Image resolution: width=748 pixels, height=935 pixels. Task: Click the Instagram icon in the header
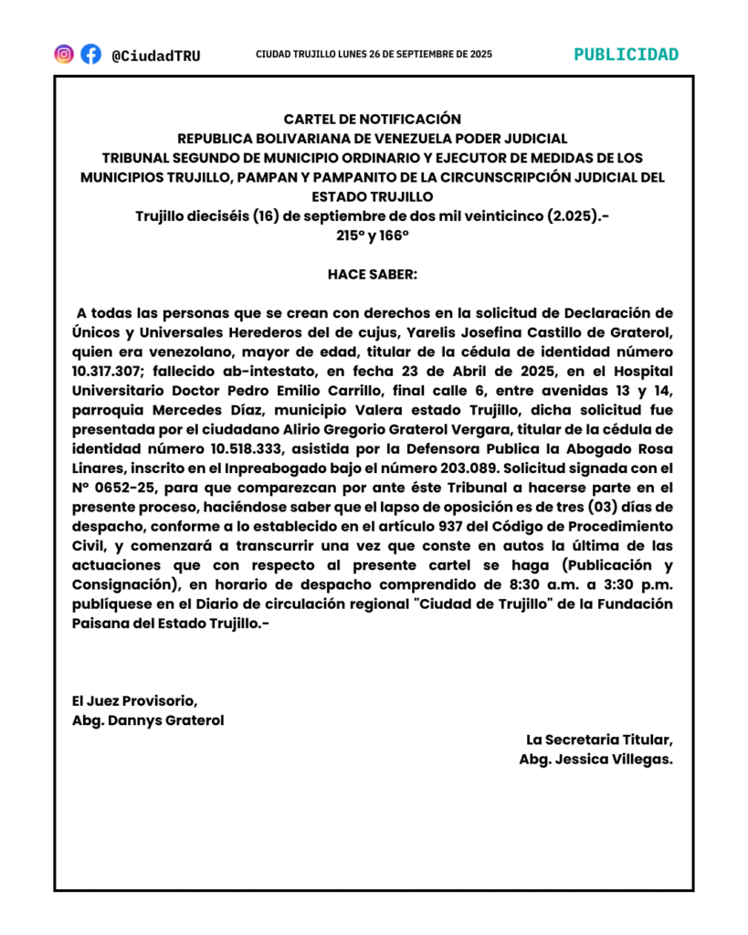[64, 54]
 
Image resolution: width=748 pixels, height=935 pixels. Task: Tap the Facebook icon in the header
[90, 54]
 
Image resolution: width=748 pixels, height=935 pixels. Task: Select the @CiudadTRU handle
[155, 56]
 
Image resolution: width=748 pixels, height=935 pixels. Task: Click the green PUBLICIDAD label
[626, 54]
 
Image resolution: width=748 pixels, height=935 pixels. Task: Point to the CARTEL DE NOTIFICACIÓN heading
[373, 119]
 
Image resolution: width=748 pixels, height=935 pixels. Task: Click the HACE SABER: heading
[373, 274]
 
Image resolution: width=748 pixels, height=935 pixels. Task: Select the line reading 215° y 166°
[373, 235]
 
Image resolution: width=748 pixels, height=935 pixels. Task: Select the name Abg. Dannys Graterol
[148, 720]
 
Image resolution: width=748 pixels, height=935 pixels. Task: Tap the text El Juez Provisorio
[134, 700]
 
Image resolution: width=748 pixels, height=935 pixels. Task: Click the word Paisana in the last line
[100, 624]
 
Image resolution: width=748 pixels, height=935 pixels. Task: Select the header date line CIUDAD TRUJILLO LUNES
[374, 55]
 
